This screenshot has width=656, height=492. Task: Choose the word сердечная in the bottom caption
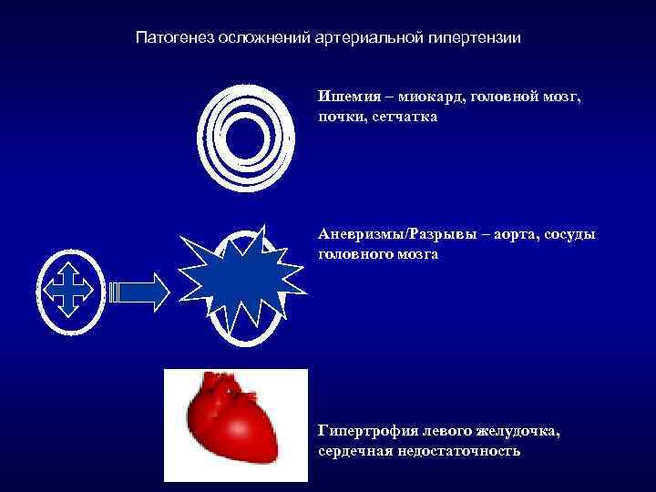coord(355,451)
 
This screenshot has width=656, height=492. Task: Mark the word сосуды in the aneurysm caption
coord(573,234)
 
